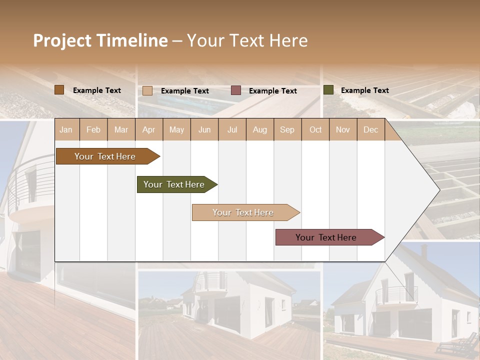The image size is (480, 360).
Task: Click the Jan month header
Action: [66, 129]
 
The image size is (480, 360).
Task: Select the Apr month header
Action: [148, 129]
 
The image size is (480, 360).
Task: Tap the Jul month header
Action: [232, 129]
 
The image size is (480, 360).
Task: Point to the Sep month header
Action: [287, 129]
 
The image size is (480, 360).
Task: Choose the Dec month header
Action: [370, 129]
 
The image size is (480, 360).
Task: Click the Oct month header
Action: [315, 129]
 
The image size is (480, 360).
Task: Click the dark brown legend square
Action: [59, 90]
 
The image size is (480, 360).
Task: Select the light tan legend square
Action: [147, 90]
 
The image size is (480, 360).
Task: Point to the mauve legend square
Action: [236, 90]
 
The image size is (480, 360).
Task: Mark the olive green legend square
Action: [328, 90]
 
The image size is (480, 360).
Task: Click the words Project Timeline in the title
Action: [100, 40]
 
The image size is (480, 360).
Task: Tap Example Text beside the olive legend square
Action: [364, 90]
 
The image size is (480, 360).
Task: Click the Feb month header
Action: [93, 129]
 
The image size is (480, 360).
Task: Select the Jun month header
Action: [204, 129]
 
